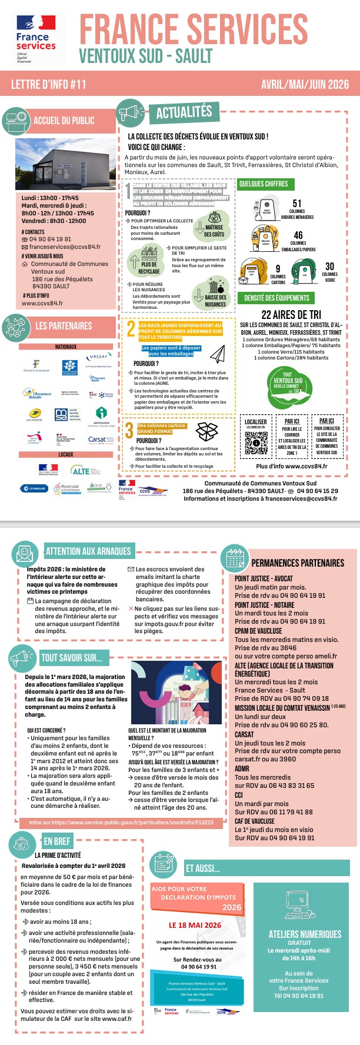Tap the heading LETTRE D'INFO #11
[49, 85]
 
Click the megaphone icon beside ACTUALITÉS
[131, 112]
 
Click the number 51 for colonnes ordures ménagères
[297, 204]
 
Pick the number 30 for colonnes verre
[330, 267]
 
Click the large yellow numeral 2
[131, 329]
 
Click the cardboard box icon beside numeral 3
[206, 431]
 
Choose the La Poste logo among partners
[35, 415]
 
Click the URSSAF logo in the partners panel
[99, 357]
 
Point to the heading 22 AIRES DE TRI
[291, 315]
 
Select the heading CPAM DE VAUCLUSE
[258, 631]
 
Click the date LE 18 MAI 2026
[195, 925]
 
